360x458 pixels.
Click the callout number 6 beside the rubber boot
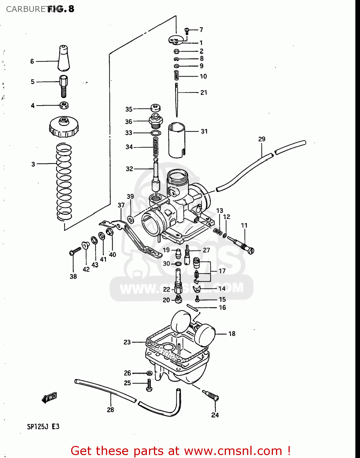(32, 61)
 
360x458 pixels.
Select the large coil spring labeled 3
(64, 182)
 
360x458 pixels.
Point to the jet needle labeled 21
(176, 99)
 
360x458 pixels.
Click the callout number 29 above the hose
(262, 139)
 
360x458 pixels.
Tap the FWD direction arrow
(49, 397)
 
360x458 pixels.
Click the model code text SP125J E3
(43, 427)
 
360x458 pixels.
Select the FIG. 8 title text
(61, 9)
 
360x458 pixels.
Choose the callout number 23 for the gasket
(127, 342)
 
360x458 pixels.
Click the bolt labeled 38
(75, 251)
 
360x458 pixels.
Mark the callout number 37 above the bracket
(121, 205)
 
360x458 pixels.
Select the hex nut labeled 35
(156, 108)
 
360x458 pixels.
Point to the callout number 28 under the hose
(110, 410)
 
